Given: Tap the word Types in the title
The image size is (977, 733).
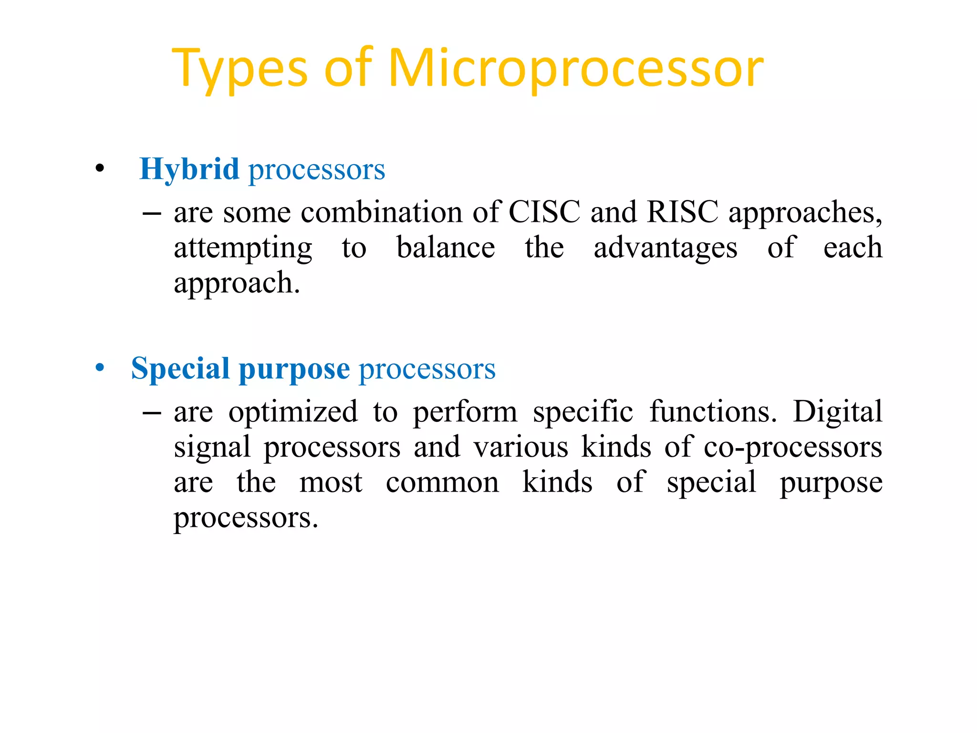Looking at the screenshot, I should tap(239, 69).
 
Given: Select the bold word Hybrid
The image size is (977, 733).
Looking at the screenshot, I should tap(189, 169).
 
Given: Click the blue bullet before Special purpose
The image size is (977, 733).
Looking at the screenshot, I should tap(99, 367).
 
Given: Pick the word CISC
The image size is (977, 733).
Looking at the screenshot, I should tap(544, 212).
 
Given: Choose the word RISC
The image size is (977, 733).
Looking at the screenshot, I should tap(682, 212).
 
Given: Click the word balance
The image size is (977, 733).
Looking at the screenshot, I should tap(446, 248).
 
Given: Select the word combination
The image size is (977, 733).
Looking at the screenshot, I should tap(381, 212).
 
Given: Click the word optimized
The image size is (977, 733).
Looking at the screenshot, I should tap(293, 412).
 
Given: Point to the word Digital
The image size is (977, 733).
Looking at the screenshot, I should tap(837, 412).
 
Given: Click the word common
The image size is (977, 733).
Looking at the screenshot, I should tap(442, 482).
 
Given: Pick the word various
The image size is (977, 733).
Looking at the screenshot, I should tap(520, 448).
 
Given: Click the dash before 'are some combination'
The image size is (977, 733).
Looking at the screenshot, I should tap(152, 213).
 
